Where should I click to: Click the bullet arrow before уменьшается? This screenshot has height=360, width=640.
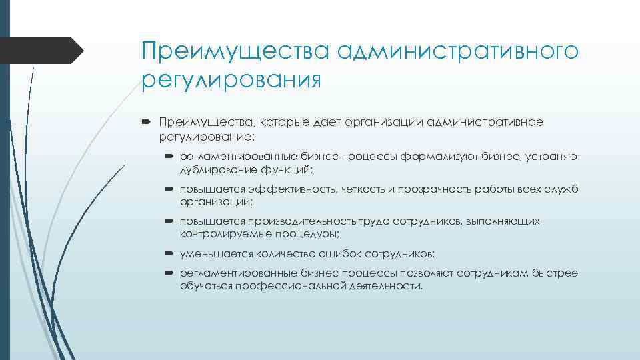(169, 253)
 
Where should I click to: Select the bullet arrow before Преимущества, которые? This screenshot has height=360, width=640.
(147, 122)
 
